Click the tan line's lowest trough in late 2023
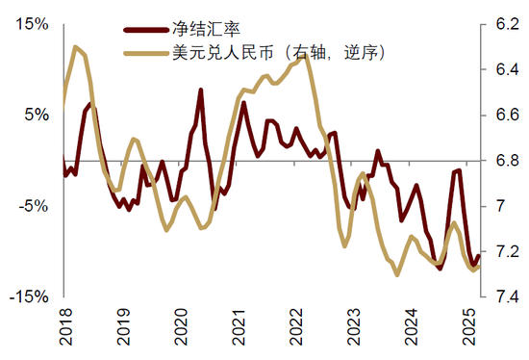[397, 274]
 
